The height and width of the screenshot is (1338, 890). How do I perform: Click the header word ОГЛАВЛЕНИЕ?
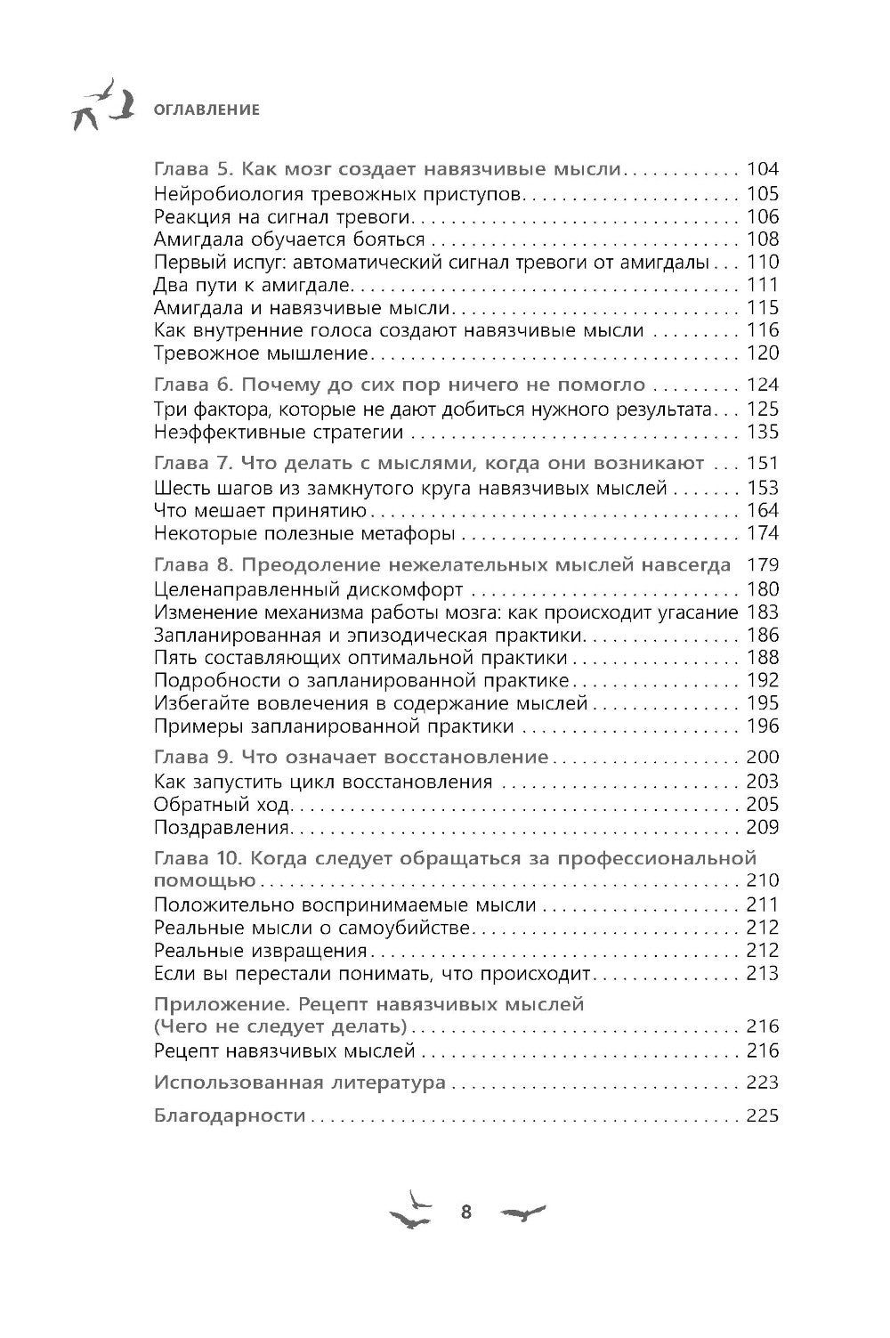pyautogui.click(x=206, y=110)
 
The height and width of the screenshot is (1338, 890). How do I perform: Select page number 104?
pyautogui.click(x=763, y=169)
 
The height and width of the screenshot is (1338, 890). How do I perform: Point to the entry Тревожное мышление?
pyautogui.click(x=260, y=353)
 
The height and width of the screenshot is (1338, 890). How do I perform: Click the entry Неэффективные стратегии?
pyautogui.click(x=278, y=433)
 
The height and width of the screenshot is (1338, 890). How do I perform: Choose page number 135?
pyautogui.click(x=763, y=433)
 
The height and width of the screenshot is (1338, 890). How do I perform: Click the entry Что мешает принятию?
pyautogui.click(x=260, y=511)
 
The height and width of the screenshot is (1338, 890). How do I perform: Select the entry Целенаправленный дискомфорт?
pyautogui.click(x=308, y=589)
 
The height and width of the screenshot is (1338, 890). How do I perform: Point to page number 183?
pyautogui.click(x=763, y=612)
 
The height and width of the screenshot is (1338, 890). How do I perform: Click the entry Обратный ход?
pyautogui.click(x=222, y=805)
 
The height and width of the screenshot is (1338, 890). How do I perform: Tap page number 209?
pyautogui.click(x=763, y=828)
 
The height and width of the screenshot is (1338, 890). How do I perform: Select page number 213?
pyautogui.click(x=763, y=974)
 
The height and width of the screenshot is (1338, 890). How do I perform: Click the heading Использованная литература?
pyautogui.click(x=300, y=1083)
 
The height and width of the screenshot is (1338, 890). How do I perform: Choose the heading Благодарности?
pyautogui.click(x=230, y=1116)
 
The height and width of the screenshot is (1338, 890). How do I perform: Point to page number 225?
pyautogui.click(x=763, y=1116)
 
